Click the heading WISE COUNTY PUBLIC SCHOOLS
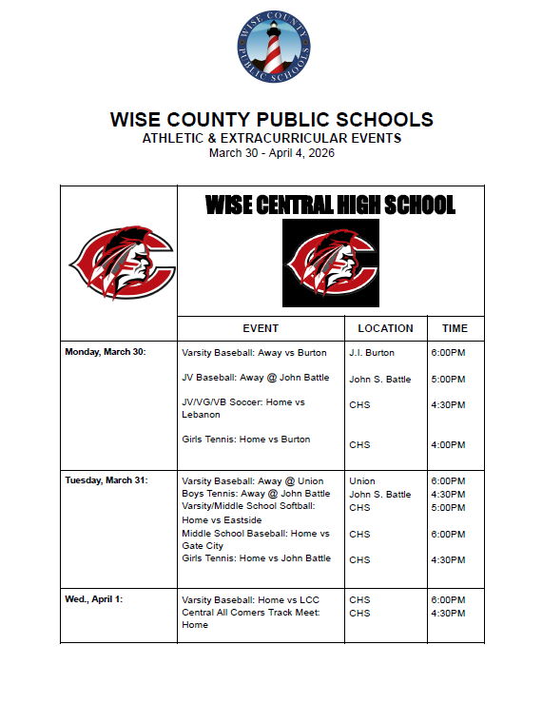272,120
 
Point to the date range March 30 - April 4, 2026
272,152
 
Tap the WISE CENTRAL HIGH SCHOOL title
330,205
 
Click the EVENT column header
261,328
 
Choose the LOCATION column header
385,328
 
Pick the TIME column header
455,328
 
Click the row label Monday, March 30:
106,352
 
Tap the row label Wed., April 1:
93,599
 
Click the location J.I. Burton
372,353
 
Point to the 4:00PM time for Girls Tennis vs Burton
448,444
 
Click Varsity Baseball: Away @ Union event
253,480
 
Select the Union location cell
362,480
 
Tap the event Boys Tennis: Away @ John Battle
256,494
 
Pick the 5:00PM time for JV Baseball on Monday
448,379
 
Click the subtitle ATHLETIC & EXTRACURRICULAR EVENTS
272,138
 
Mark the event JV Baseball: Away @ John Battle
255,378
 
